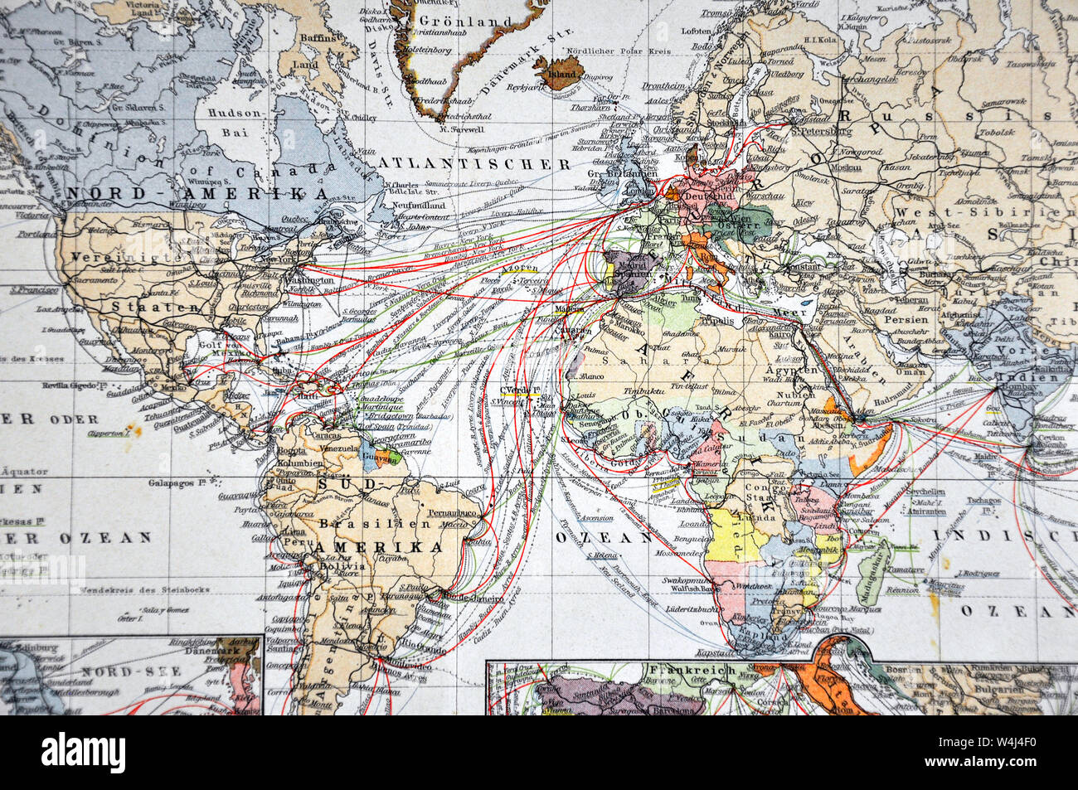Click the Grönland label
[454, 22]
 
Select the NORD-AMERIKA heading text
[197, 192]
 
